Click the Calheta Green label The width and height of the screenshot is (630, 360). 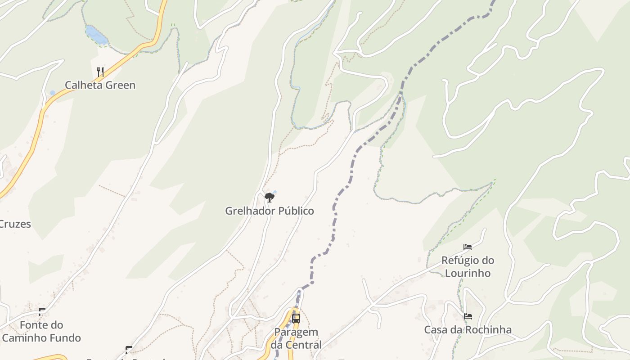point(100,85)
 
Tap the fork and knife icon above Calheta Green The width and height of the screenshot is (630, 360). point(100,72)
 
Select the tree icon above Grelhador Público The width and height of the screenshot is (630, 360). point(270,197)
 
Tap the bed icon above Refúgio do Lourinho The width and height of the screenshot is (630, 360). point(468,247)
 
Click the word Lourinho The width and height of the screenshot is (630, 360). point(468,273)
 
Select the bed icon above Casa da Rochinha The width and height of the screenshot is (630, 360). point(468,316)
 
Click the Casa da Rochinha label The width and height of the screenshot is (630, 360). point(468,330)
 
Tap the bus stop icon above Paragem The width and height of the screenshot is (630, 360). point(296,318)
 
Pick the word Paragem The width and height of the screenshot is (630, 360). point(296,332)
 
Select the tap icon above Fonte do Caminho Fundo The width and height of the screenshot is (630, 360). point(42,311)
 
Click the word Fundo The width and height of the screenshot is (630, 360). point(66,338)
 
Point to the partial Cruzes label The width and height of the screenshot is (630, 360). point(15,224)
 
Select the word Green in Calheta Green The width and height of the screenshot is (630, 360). point(120,85)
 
